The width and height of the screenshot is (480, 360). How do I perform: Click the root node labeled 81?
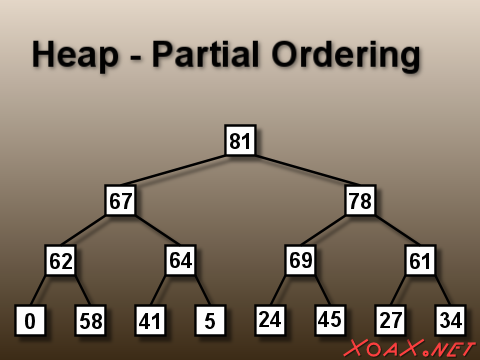point(240,141)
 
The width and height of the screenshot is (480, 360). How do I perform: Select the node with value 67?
point(120,201)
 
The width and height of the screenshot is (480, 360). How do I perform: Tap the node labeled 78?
point(360,201)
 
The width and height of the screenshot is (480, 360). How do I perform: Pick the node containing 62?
point(60,261)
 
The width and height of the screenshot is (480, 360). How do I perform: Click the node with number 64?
point(180,261)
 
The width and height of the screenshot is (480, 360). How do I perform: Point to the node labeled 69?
point(300,261)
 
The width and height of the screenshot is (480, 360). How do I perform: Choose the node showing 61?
point(420,261)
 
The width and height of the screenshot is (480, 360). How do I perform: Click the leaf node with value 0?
point(30,321)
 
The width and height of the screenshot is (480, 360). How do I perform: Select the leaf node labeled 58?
point(90,321)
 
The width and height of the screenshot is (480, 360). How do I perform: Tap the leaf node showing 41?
point(150,321)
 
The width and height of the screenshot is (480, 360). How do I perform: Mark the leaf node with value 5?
point(210,321)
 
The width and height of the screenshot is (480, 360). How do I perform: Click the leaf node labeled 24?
point(270,321)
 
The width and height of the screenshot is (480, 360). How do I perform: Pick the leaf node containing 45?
point(330,320)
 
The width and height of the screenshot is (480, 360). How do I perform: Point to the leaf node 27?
point(390,321)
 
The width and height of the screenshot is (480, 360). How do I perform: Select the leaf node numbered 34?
point(450,321)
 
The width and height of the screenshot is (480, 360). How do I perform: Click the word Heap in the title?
point(75,55)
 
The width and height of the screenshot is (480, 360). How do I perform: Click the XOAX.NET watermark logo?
point(410,348)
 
